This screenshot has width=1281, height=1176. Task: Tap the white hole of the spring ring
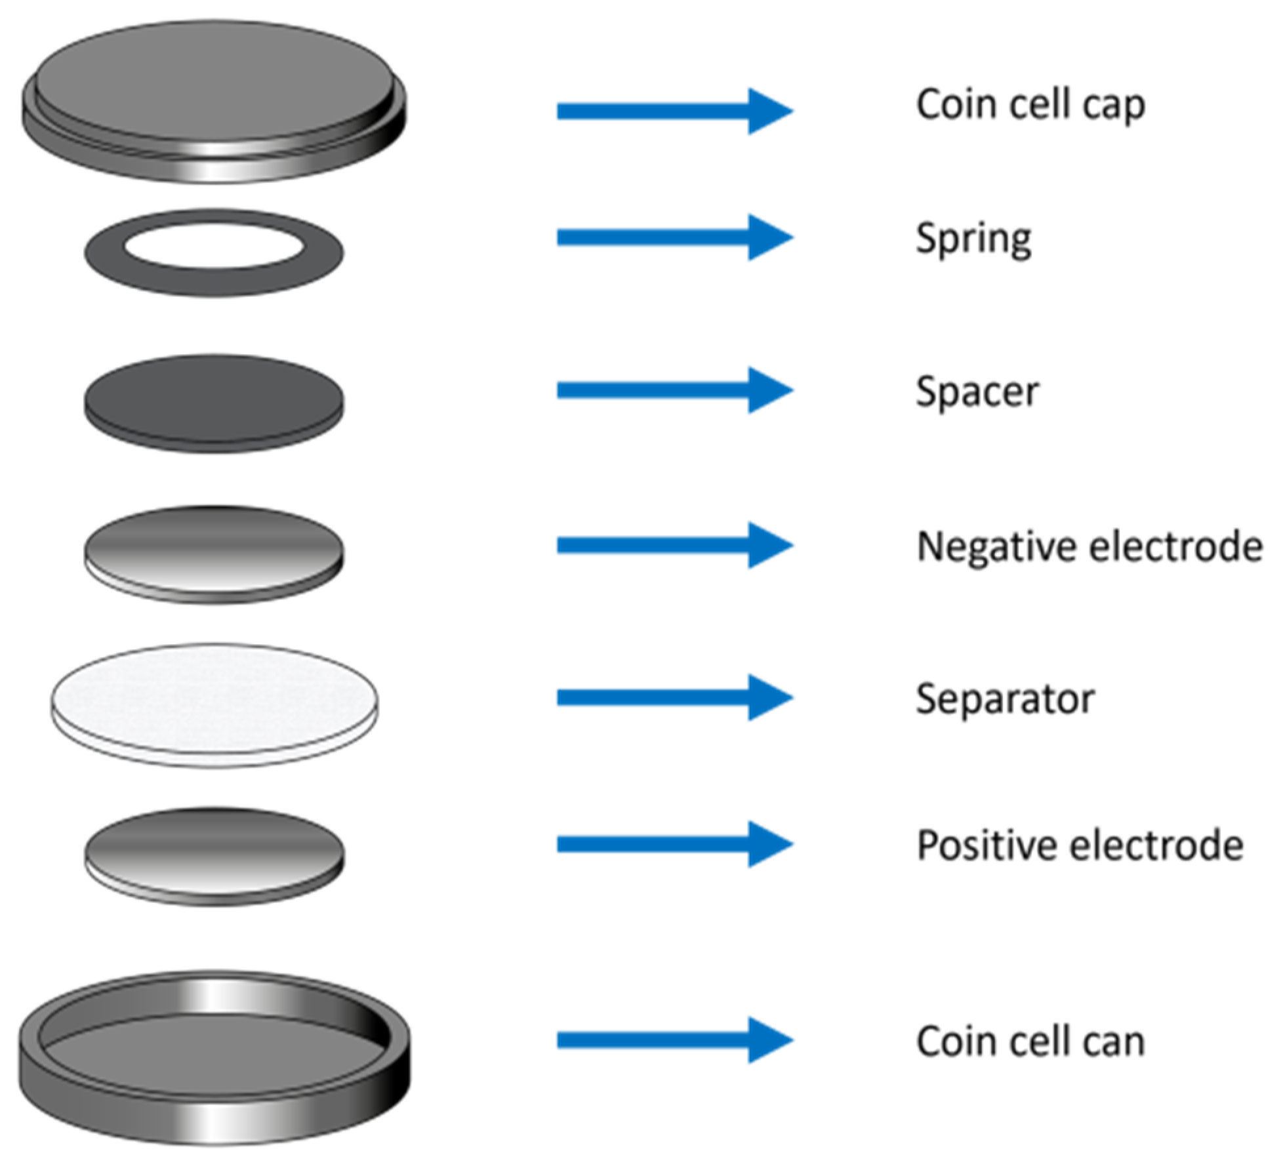pyautogui.click(x=214, y=247)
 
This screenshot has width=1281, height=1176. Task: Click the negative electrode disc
pyautogui.click(x=214, y=551)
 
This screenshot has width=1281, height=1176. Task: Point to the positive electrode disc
pyautogui.click(x=214, y=853)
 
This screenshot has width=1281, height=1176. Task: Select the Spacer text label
pyautogui.click(x=977, y=392)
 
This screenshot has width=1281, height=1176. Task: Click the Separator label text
pyautogui.click(x=1005, y=699)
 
